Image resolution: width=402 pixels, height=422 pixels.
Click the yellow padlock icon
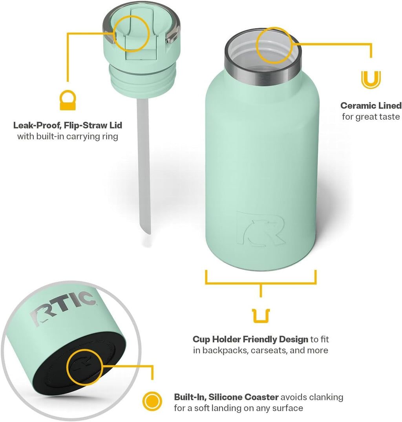click(x=67, y=100)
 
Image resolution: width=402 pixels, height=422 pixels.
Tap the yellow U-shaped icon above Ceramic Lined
click(x=371, y=79)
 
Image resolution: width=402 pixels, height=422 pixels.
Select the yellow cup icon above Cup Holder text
click(x=261, y=316)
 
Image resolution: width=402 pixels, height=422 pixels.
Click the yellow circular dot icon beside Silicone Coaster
click(x=152, y=402)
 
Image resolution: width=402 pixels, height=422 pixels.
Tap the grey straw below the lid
click(x=144, y=165)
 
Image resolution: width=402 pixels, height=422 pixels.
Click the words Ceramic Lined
click(x=371, y=105)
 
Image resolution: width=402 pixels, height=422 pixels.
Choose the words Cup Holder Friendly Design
click(x=250, y=339)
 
